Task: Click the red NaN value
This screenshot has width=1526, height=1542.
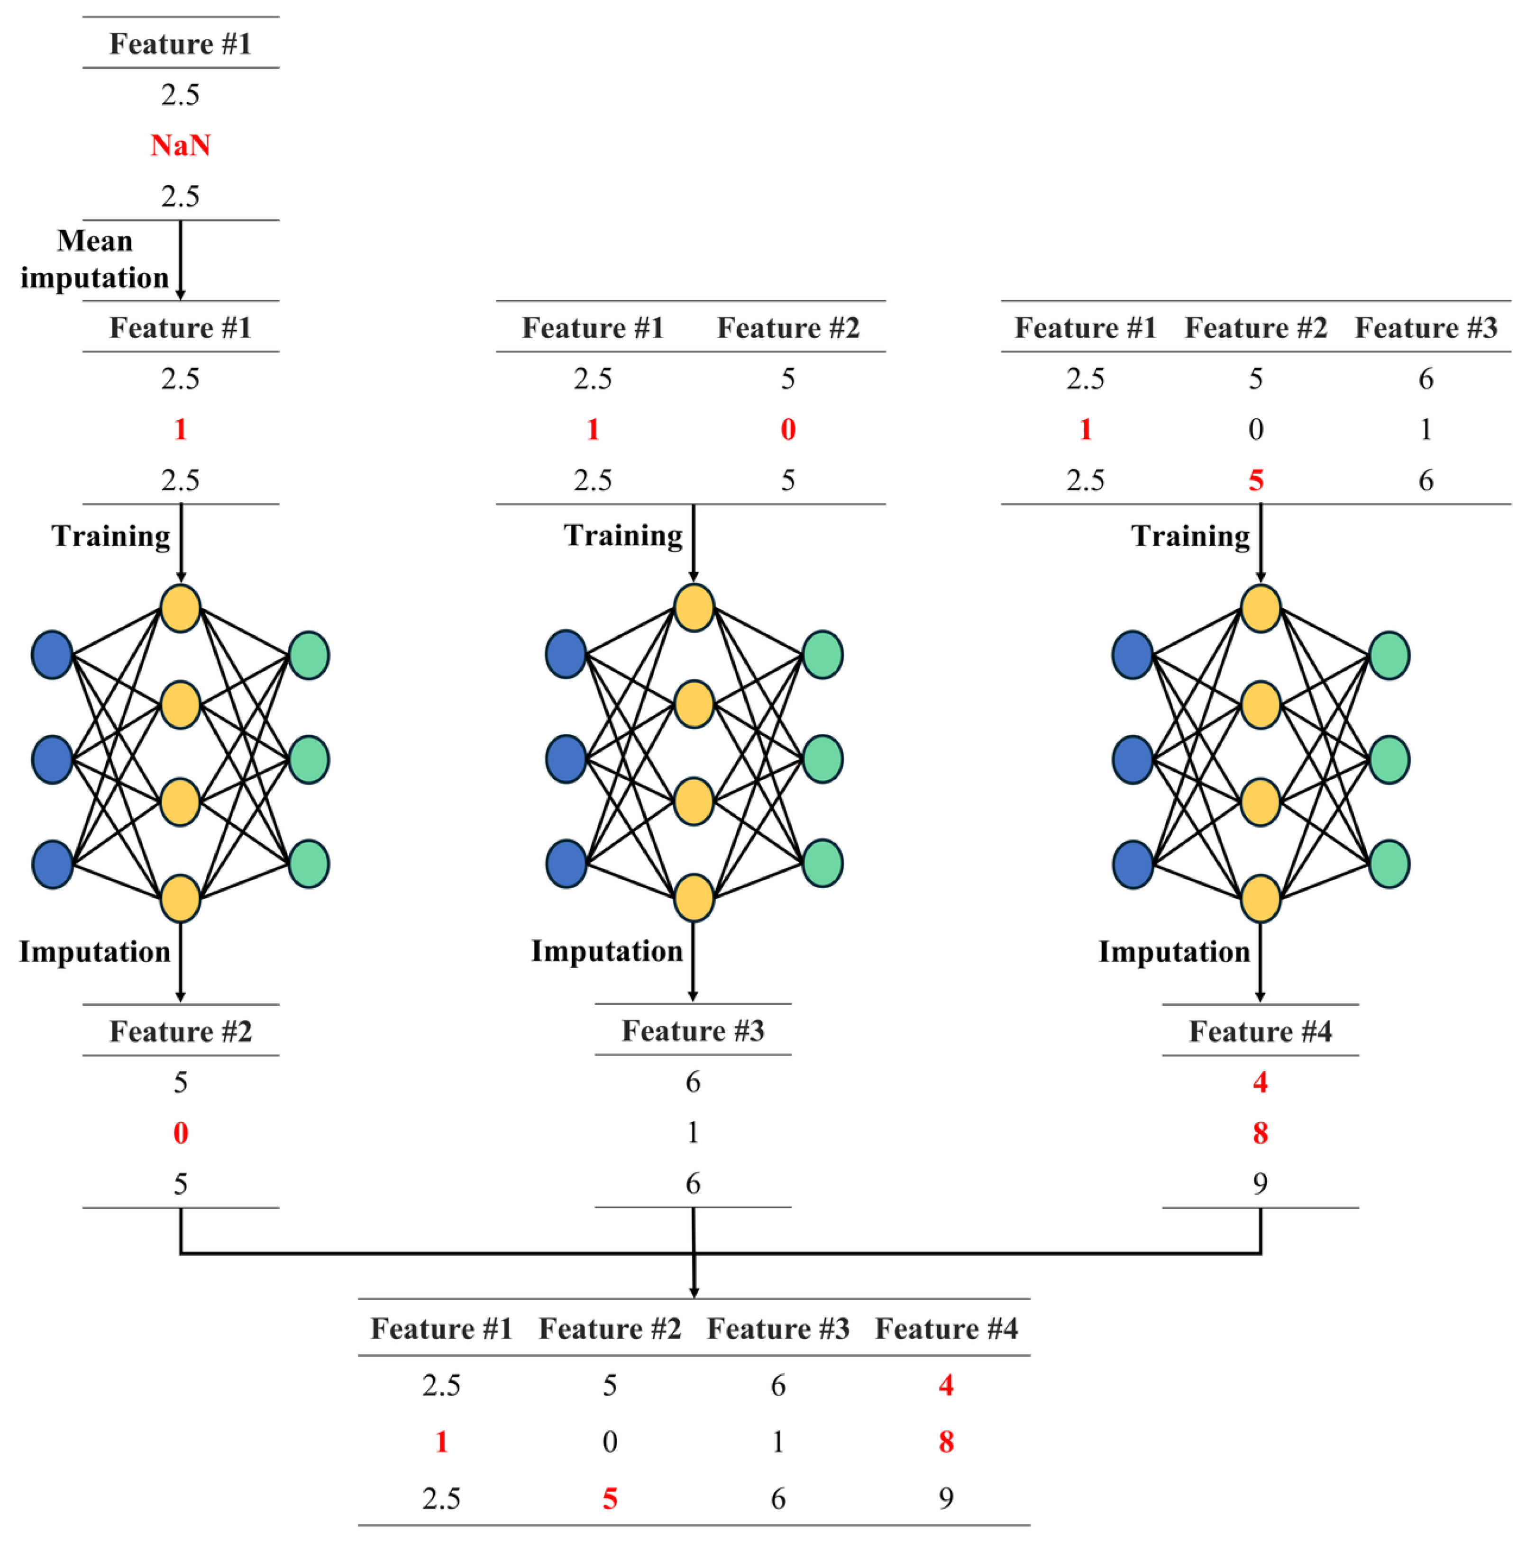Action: coord(181,145)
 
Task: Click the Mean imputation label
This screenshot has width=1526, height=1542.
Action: coord(94,260)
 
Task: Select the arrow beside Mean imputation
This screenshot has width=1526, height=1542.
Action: coord(181,260)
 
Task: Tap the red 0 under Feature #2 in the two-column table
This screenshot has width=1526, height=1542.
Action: coord(787,429)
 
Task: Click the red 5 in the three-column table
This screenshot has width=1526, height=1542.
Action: coord(1255,480)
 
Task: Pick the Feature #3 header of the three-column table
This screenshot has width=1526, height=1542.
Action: coord(1425,328)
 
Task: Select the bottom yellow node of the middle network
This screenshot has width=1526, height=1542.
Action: coord(693,898)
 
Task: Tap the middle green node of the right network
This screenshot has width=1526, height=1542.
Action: coord(1389,759)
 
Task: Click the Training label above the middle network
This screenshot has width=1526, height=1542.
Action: coord(623,535)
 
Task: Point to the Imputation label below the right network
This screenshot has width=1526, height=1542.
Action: coord(1174,951)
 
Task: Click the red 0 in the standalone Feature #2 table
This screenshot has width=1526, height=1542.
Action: coord(181,1133)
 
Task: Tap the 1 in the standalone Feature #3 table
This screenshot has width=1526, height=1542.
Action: coord(692,1132)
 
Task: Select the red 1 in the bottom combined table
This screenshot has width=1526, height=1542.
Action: coord(441,1442)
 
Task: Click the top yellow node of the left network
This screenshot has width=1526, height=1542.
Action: coord(181,608)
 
